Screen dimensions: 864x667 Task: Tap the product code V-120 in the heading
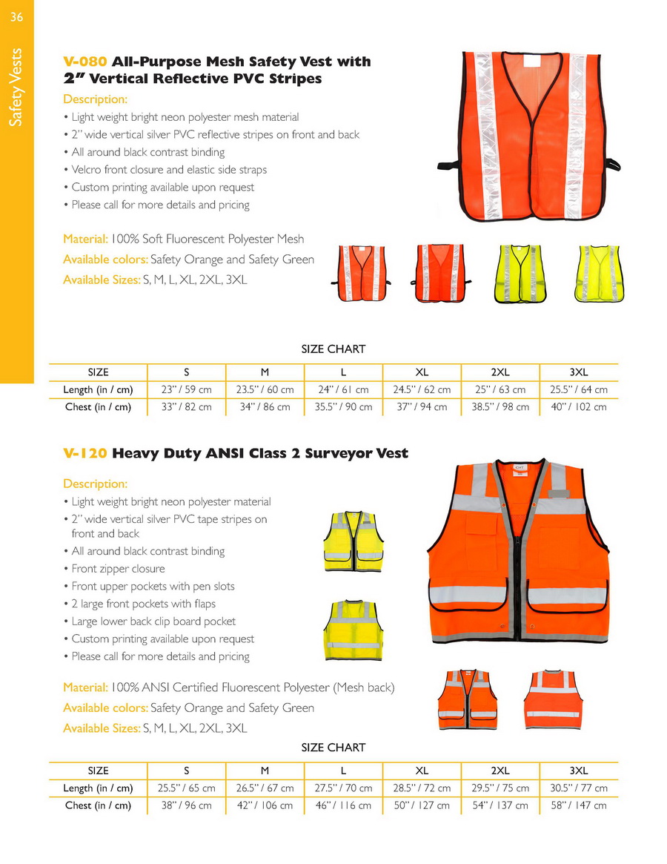pyautogui.click(x=85, y=453)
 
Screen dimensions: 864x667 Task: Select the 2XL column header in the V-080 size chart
pyautogui.click(x=500, y=372)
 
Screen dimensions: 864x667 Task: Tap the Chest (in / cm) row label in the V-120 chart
pyautogui.click(x=98, y=805)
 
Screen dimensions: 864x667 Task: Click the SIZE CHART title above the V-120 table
pyautogui.click(x=333, y=748)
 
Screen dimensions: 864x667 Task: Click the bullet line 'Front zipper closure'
pyautogui.click(x=118, y=569)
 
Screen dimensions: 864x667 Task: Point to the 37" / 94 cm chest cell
pyautogui.click(x=422, y=407)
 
